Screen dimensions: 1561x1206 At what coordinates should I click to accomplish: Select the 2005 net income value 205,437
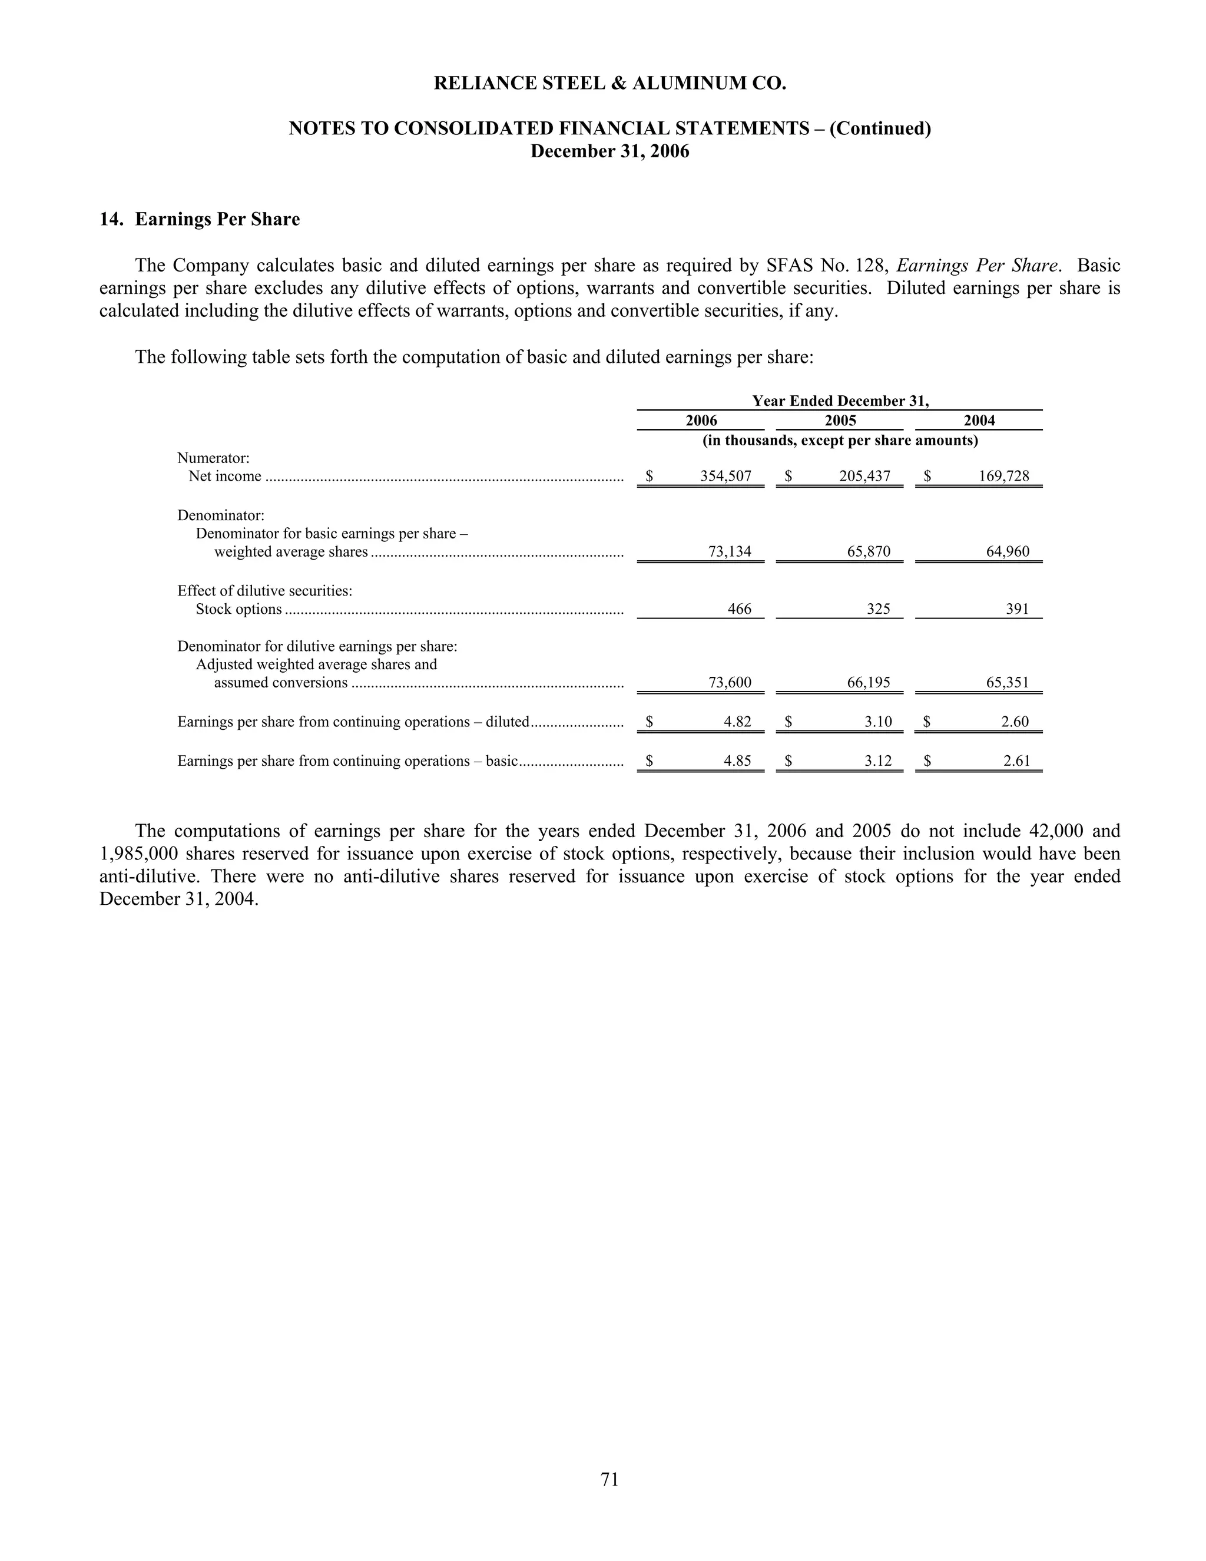(x=864, y=476)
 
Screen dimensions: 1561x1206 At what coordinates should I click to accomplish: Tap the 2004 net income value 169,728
(x=1004, y=476)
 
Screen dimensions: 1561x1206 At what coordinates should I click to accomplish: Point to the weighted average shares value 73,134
(x=730, y=552)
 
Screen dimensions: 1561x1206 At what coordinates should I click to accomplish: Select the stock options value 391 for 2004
(x=1018, y=609)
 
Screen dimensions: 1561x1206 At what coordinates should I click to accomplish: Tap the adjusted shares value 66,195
(x=869, y=683)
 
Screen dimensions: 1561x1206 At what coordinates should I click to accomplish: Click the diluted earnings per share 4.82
(x=737, y=722)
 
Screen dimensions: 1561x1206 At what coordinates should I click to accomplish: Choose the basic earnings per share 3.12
(x=878, y=761)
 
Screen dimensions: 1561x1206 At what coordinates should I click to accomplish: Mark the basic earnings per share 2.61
(x=1016, y=761)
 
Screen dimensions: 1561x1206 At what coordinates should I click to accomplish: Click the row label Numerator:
(x=213, y=458)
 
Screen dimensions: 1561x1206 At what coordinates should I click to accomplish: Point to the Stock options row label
(x=238, y=610)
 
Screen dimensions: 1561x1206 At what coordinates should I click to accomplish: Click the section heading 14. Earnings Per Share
(x=200, y=220)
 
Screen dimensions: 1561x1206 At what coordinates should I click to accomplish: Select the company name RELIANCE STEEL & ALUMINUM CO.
(x=609, y=84)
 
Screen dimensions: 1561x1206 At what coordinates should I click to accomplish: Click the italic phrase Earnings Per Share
(x=977, y=266)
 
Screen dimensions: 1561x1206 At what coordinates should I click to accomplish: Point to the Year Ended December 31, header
(x=840, y=401)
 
